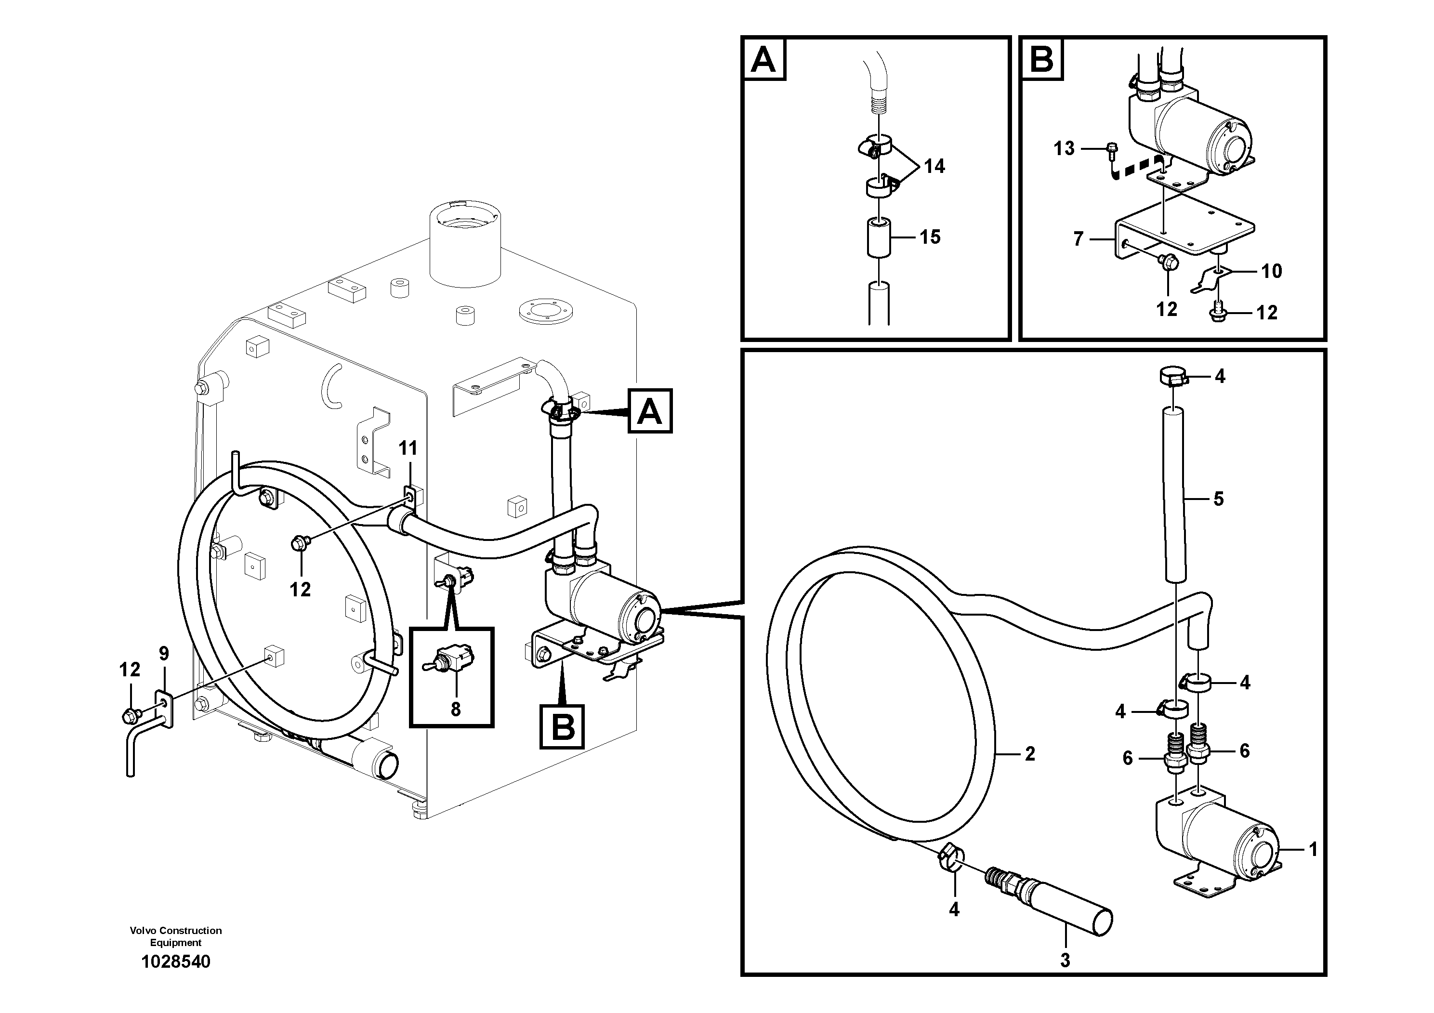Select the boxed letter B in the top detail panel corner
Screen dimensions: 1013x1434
tap(1041, 59)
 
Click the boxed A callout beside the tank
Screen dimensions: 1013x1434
tap(649, 411)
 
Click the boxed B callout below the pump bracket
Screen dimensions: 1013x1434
tap(563, 727)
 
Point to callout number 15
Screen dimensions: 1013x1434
tap(930, 237)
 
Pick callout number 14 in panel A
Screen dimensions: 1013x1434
tap(934, 166)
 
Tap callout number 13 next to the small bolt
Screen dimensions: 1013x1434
tap(1064, 149)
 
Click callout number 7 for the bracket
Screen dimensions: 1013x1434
tap(1078, 239)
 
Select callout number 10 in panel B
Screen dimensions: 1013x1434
tap(1272, 271)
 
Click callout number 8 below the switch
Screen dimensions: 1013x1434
tap(455, 709)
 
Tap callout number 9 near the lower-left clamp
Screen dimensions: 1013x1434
tap(164, 654)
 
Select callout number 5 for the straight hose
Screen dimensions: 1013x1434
tap(1218, 499)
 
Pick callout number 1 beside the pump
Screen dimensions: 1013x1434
tap(1313, 849)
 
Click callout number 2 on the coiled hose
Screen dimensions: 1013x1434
tap(1030, 754)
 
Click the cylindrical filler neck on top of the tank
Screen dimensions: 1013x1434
tap(465, 244)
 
